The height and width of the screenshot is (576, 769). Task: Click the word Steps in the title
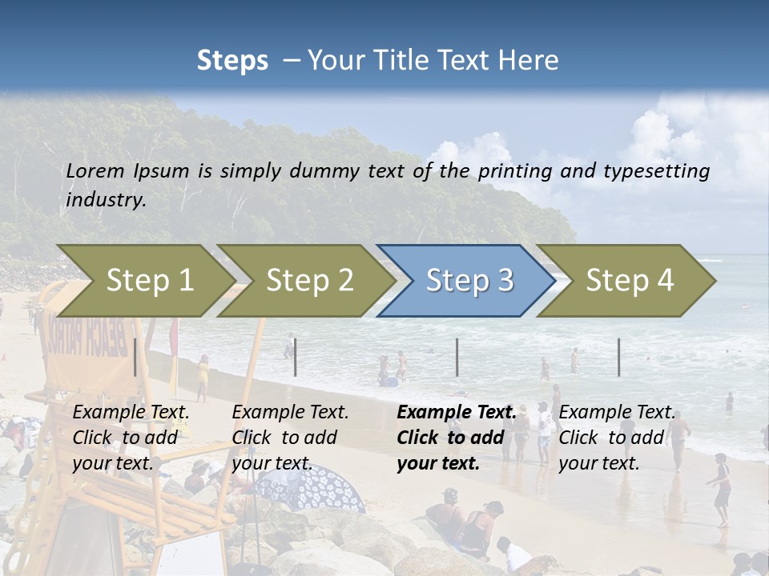pyautogui.click(x=232, y=61)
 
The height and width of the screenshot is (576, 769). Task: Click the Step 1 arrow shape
pyautogui.click(x=144, y=280)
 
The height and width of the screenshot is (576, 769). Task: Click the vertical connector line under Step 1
pyautogui.click(x=135, y=357)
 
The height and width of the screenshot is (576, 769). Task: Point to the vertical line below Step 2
pyautogui.click(x=296, y=357)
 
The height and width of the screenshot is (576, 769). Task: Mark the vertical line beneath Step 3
pyautogui.click(x=457, y=357)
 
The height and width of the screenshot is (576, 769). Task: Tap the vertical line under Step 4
pyautogui.click(x=618, y=357)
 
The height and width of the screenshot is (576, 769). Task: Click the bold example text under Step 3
pyautogui.click(x=455, y=438)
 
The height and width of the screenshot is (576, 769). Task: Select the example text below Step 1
pyautogui.click(x=131, y=438)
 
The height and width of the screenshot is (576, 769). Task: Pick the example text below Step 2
pyautogui.click(x=290, y=438)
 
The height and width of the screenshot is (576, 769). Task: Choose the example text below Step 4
pyautogui.click(x=617, y=438)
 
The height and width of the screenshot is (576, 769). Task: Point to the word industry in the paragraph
pyautogui.click(x=106, y=200)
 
